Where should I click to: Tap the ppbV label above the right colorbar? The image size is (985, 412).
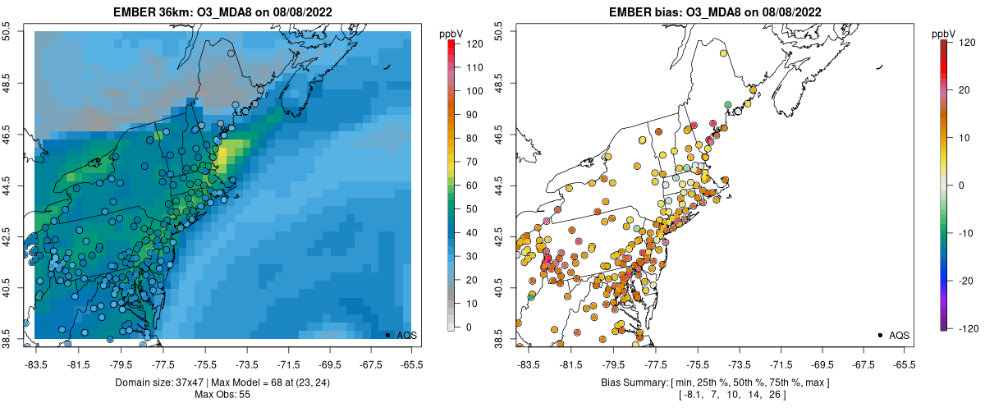[x=945, y=34]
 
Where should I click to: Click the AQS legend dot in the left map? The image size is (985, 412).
[x=387, y=335]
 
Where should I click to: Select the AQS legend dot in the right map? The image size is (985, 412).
[x=880, y=335]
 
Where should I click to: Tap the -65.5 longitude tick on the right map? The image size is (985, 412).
[x=904, y=364]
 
